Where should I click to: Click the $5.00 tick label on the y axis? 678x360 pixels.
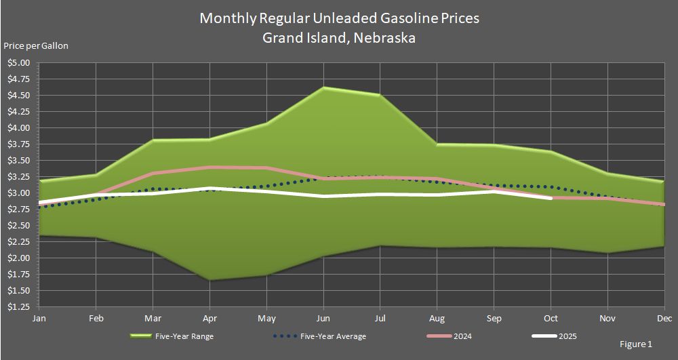[x=18, y=63]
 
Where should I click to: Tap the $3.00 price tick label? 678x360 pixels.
[x=18, y=193]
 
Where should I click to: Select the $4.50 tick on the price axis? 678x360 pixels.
[x=18, y=96]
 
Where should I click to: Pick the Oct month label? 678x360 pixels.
[x=551, y=318]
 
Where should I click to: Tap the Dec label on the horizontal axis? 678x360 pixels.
[x=664, y=318]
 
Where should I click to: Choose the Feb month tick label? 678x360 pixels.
[x=96, y=318]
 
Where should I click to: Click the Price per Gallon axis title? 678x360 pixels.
[x=36, y=46]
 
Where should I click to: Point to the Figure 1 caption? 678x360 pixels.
[x=635, y=344]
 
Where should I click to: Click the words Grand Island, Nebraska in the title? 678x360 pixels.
[x=339, y=38]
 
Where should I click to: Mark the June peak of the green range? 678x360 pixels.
[x=324, y=87]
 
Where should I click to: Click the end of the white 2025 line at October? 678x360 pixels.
[x=551, y=198]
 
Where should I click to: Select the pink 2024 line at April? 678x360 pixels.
[x=210, y=167]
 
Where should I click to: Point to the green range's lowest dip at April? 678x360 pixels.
[x=210, y=279]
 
